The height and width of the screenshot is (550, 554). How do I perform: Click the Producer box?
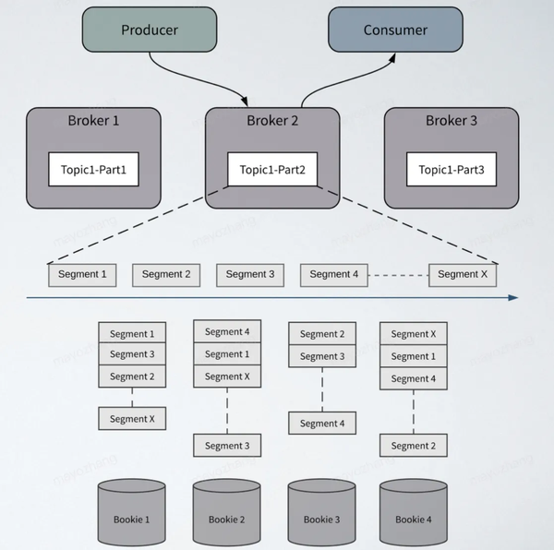click(150, 30)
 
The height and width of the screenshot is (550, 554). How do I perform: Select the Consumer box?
click(395, 30)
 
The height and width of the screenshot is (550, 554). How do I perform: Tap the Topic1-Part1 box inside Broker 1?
click(93, 170)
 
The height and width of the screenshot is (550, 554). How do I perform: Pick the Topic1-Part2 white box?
click(272, 170)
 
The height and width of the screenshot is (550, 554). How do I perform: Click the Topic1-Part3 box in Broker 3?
click(452, 170)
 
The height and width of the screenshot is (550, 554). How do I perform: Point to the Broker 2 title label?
click(272, 121)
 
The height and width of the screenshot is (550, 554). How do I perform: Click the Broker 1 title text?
click(93, 121)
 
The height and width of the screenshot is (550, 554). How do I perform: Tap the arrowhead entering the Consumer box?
click(392, 58)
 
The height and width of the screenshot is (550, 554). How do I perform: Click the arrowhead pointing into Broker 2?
click(244, 101)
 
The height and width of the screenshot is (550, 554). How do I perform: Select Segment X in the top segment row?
click(463, 275)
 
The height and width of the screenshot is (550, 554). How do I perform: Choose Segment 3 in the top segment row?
click(250, 275)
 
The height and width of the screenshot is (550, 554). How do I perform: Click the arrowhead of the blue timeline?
click(513, 298)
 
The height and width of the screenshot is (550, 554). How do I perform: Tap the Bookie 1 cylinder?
click(131, 512)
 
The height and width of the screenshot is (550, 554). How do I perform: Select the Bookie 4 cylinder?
click(414, 512)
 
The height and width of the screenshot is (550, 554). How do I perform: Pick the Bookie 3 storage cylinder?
click(321, 512)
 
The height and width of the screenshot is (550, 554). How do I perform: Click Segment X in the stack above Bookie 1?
click(132, 419)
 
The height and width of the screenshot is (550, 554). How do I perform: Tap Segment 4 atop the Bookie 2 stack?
click(227, 331)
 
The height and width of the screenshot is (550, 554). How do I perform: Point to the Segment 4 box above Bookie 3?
click(322, 423)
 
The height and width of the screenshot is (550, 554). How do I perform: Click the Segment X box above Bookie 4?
click(414, 334)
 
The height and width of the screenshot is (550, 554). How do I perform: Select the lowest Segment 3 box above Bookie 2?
click(227, 446)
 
